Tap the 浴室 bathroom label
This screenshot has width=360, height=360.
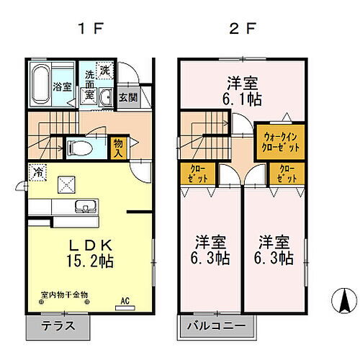pos(62,87)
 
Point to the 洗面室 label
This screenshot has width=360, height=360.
pos(89,86)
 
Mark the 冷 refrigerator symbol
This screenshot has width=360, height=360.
pos(37,173)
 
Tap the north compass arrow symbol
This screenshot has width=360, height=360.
pos(344,299)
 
